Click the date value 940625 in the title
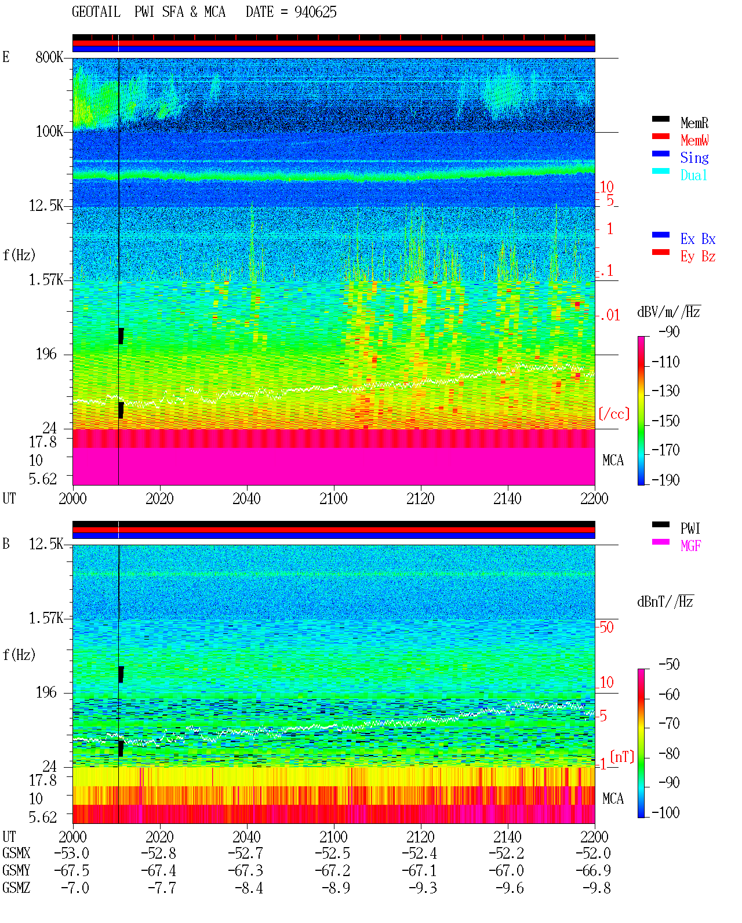coord(315,12)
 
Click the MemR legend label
coord(694,123)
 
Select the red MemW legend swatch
coord(660,136)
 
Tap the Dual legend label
coord(694,176)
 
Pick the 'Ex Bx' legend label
coord(698,239)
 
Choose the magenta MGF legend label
coord(691,546)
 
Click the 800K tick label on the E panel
coord(49,57)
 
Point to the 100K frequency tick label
coord(49,132)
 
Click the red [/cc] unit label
coord(614,414)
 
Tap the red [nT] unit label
coord(622,757)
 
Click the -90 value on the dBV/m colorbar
coord(669,332)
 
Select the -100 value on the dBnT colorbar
coord(665,812)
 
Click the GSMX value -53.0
coord(72,853)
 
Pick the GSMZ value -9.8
coord(596,888)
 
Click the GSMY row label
coord(16,871)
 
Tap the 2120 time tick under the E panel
coord(421,499)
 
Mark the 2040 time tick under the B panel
coord(247,837)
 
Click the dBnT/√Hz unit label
coord(665,601)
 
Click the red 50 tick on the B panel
coord(606,628)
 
